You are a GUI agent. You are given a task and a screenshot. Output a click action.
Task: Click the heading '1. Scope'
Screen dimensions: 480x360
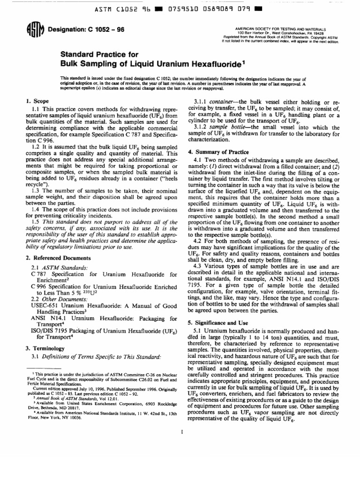point(37,101)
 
